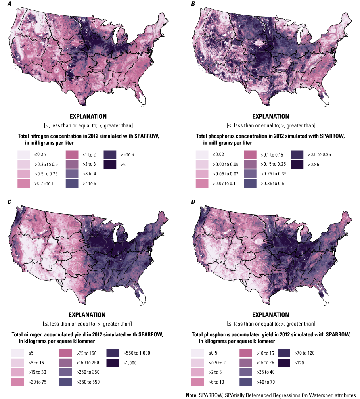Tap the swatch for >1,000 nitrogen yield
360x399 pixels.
113,362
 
